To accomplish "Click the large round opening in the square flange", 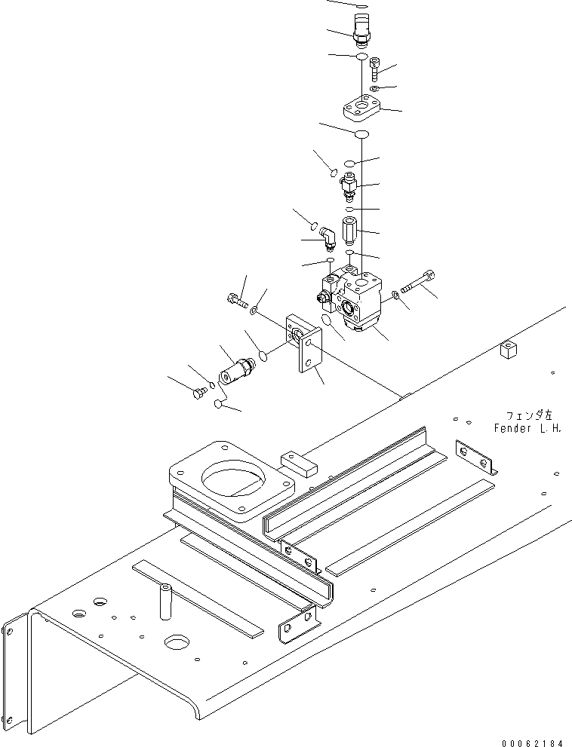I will (234, 479).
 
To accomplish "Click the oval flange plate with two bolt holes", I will (361, 109).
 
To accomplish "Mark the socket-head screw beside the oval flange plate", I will (376, 72).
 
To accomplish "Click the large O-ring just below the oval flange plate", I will (361, 134).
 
